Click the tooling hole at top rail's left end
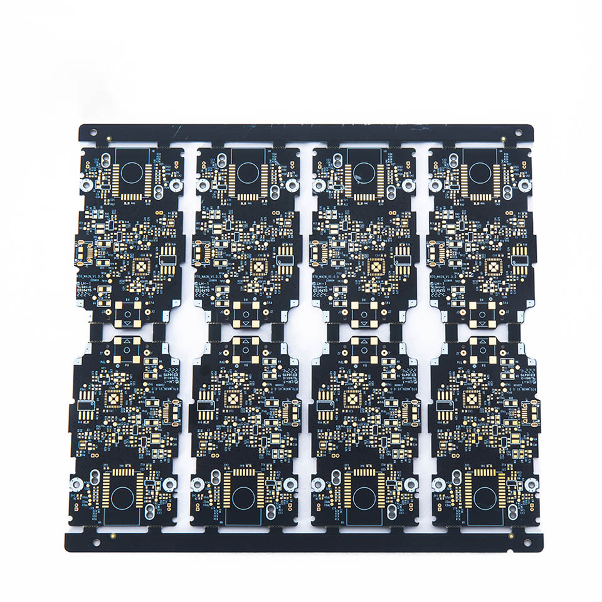93,132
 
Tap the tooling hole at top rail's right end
519,132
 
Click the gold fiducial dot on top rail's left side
110,138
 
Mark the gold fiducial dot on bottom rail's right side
512,536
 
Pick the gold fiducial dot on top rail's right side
504,138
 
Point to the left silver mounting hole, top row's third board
319,186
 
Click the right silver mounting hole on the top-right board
525,186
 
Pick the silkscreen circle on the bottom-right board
485,497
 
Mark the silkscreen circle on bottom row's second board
243,497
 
